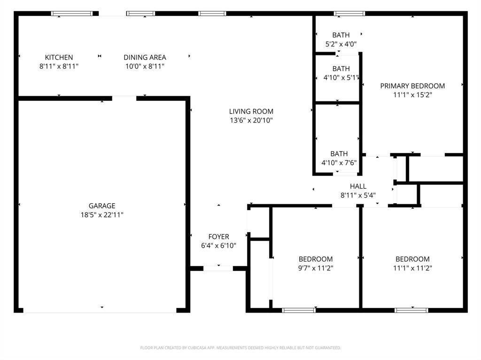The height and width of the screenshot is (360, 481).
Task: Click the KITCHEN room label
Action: click(59, 57)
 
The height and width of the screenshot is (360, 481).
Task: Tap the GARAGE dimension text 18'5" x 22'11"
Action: click(102, 215)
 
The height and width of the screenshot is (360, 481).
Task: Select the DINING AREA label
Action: click(145, 57)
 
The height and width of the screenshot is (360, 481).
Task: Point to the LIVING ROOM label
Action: click(251, 111)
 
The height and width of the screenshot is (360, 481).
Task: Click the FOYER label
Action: click(218, 237)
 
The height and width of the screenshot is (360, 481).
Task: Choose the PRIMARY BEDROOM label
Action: click(412, 86)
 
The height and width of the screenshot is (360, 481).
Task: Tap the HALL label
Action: click(358, 186)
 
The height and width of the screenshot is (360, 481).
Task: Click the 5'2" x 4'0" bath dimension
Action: click(341, 44)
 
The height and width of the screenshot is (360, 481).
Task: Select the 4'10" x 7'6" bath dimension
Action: click(339, 163)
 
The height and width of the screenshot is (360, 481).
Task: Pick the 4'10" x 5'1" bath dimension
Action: click(341, 78)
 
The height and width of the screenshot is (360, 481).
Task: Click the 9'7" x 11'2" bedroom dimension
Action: click(316, 268)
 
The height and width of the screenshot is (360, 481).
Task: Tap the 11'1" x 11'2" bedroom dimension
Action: click(412, 268)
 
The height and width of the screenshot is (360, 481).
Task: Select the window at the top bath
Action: click(349, 14)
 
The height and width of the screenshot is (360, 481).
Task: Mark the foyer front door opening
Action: click(218, 268)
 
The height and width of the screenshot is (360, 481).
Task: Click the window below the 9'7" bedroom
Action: click(299, 310)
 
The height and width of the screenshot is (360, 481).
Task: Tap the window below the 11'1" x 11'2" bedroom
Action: click(411, 310)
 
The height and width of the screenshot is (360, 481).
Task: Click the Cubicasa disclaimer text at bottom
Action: click(240, 348)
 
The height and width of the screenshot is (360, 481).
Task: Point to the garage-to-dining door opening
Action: click(124, 98)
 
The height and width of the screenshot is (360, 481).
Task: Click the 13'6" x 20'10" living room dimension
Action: click(251, 121)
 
